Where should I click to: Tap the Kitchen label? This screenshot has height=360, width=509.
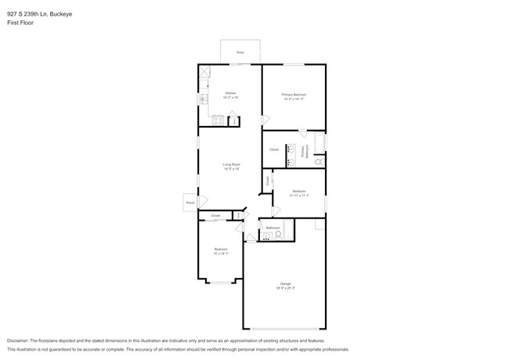[230, 93]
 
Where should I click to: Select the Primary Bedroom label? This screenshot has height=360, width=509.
[294, 95]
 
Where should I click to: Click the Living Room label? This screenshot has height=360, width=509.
[231, 164]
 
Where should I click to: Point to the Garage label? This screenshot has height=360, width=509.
[285, 283]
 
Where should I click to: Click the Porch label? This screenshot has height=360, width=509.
[190, 202]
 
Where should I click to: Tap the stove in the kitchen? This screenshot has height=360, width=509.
[218, 120]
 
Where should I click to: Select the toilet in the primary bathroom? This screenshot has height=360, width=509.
[319, 161]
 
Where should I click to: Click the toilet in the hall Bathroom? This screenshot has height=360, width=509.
[278, 234]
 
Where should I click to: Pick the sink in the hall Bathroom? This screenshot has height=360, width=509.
[266, 235]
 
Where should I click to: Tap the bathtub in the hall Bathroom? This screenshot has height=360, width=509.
[288, 229]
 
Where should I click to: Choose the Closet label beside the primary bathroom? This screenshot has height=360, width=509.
[274, 149]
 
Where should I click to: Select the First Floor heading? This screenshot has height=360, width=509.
[20, 23]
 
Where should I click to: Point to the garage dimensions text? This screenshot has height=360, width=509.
[285, 288]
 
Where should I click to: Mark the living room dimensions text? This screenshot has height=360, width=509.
[231, 169]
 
